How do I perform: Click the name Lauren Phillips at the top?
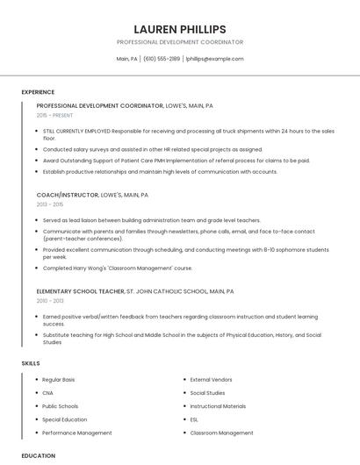tap(179, 29)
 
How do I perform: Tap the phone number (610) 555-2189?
tap(162, 59)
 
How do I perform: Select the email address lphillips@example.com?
tap(215, 59)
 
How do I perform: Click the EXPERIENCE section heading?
tap(38, 92)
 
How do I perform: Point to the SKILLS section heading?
tap(31, 362)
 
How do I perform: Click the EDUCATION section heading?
tap(38, 455)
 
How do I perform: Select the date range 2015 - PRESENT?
tap(56, 115)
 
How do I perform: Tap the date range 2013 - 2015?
tap(51, 204)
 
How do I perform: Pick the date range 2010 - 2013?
tap(51, 300)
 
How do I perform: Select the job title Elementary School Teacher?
tap(80, 290)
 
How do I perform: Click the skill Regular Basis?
tap(59, 380)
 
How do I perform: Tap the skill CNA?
tap(47, 393)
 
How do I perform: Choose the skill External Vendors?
tap(210, 380)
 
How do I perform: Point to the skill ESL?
tap(194, 419)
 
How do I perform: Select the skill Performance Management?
tap(76, 433)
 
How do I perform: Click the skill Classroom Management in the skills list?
tap(221, 433)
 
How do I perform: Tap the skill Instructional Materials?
tap(218, 406)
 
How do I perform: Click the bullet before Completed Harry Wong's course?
tap(37, 268)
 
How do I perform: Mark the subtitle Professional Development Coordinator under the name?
tap(179, 42)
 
